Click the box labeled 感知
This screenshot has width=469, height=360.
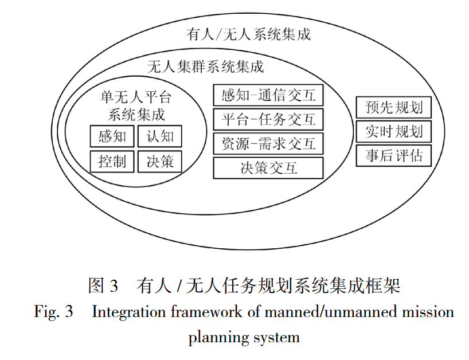pos(112,136)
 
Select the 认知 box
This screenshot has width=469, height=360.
pos(159,136)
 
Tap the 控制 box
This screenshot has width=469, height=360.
pos(112,161)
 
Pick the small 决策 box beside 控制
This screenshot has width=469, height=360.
pos(159,161)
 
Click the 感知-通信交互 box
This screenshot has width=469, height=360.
pos(268,95)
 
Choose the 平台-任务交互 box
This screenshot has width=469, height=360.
pos(268,119)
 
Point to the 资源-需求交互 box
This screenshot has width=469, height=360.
pos(268,143)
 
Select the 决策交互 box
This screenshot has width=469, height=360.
pos(268,167)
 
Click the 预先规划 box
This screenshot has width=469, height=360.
pos(393,107)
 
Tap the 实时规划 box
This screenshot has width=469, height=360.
pos(393,131)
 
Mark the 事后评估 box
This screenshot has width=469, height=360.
pos(393,155)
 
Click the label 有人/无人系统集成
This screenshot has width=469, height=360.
pos(248,34)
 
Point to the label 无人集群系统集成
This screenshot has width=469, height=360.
pos(206,66)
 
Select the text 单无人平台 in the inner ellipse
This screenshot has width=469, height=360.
pos(136,96)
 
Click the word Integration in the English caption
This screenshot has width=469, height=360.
pos(123,312)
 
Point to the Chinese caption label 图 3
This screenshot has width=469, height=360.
pos(103,285)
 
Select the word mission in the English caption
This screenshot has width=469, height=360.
pos(426,312)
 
